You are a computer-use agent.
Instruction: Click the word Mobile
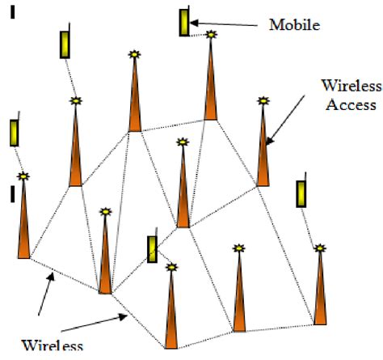pos(295,25)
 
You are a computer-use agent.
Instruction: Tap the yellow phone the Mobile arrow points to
pos(186,22)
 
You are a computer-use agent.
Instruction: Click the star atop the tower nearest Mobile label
pos(212,35)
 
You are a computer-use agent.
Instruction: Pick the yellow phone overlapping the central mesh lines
pos(151,248)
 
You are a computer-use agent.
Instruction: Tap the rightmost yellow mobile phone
pos(301,194)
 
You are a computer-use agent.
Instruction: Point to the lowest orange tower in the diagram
pos(170,311)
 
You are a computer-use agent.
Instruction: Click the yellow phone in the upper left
pos(64,44)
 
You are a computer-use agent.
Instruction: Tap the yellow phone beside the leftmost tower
pos(14,132)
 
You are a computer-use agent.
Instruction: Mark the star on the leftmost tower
pos(24,176)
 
